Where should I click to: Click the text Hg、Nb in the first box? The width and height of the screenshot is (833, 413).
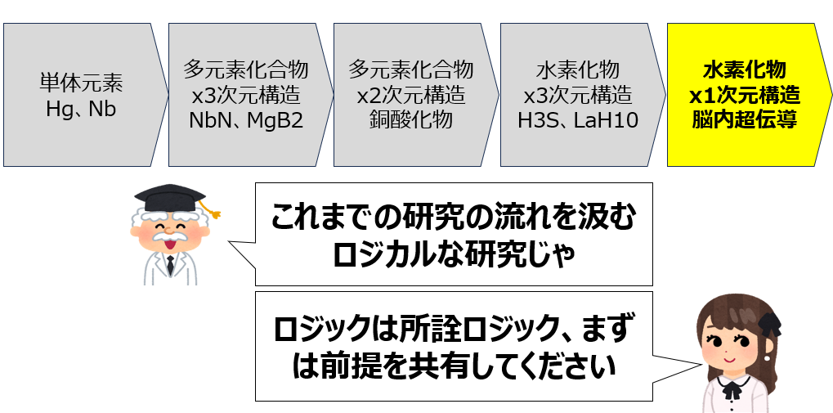pyautogui.click(x=81, y=107)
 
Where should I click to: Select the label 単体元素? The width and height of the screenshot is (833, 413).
pyautogui.click(x=81, y=83)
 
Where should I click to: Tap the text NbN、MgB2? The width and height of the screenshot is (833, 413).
pyautogui.click(x=245, y=120)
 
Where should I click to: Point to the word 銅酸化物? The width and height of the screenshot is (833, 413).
pyautogui.click(x=411, y=120)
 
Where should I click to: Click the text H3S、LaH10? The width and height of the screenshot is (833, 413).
pyautogui.click(x=578, y=120)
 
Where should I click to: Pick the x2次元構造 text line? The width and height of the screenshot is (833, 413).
pyautogui.click(x=411, y=95)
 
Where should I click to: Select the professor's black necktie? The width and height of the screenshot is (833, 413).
pyautogui.click(x=170, y=265)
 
